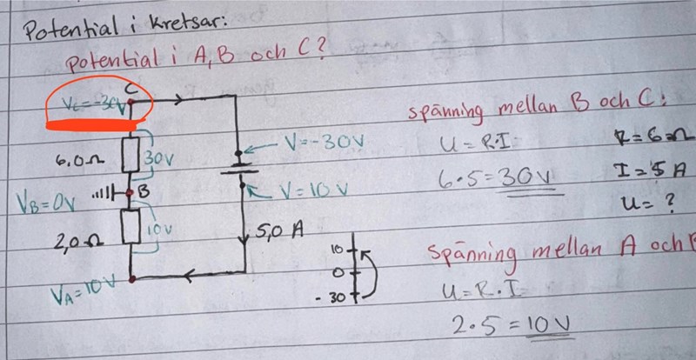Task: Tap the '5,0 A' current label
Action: pos(279,232)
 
